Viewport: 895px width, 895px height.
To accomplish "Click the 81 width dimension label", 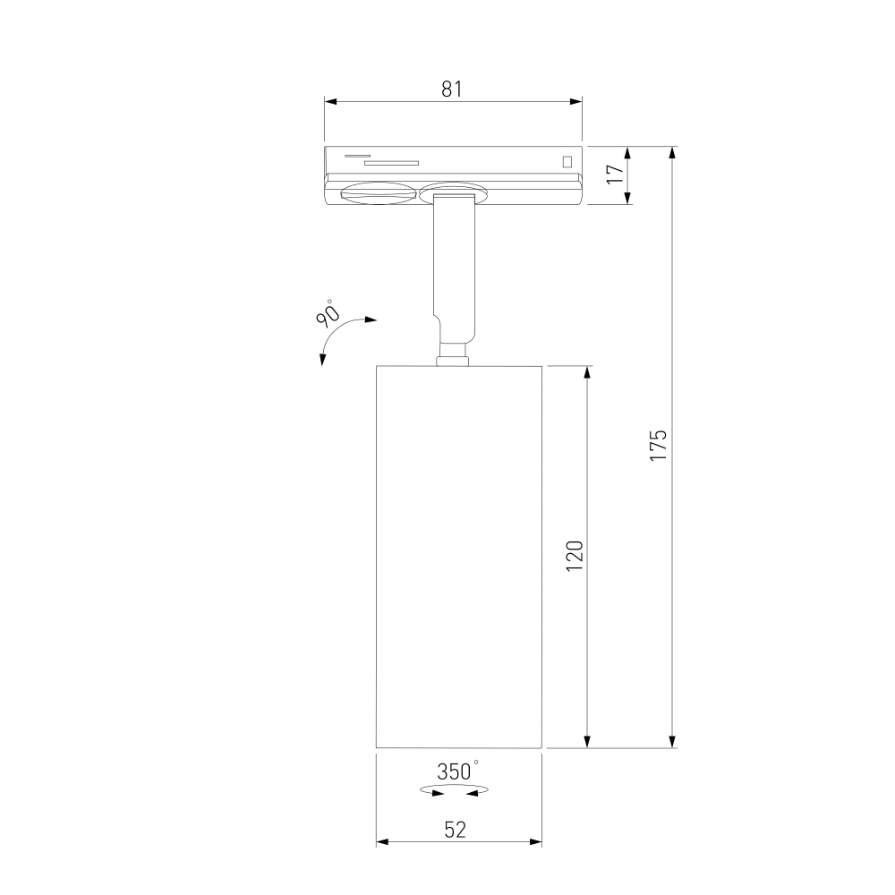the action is click(x=451, y=89).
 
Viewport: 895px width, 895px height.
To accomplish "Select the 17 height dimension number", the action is click(x=616, y=174).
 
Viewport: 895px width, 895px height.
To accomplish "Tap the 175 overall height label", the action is click(x=658, y=445).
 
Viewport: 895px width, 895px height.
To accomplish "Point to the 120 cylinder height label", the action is click(x=575, y=556).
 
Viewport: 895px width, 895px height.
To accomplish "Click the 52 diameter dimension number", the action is click(x=455, y=830).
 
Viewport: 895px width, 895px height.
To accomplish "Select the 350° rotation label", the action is click(x=457, y=771).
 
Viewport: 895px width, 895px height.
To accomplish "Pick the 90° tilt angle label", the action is click(x=327, y=312).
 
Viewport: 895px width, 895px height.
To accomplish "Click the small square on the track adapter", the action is click(x=567, y=161).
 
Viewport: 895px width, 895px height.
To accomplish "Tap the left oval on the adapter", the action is click(x=377, y=193).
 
